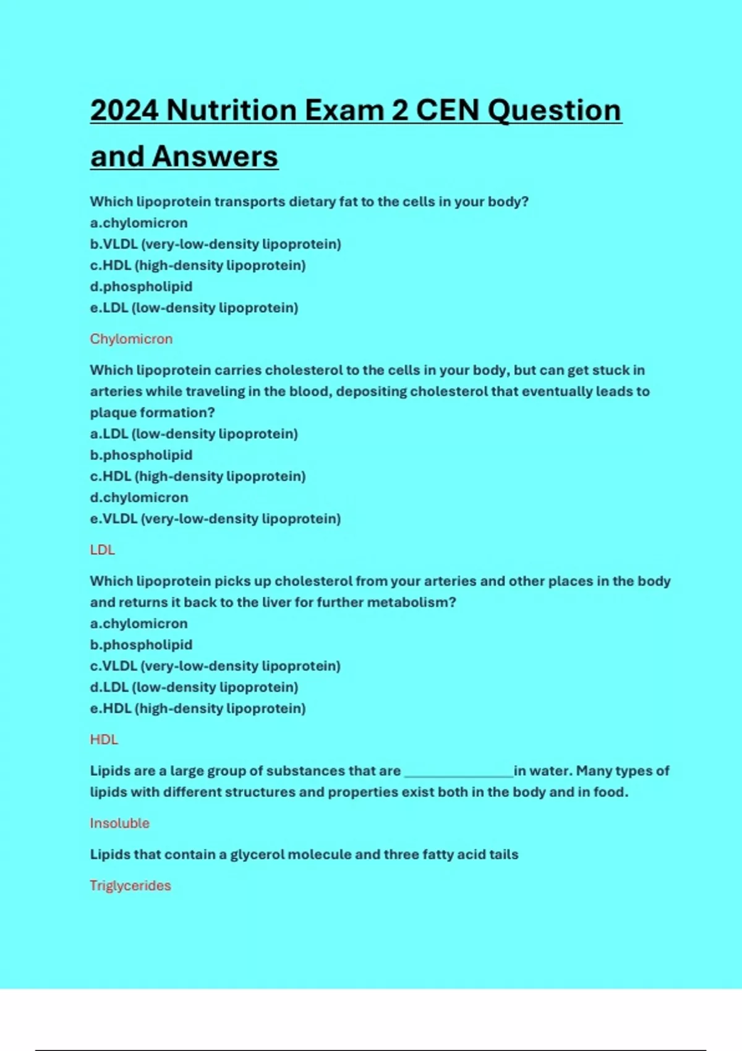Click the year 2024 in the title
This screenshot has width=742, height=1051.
[x=124, y=111]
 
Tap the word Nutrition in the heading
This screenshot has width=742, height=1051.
[x=231, y=111]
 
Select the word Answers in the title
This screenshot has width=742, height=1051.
[x=215, y=156]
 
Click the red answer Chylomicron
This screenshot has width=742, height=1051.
[x=131, y=339]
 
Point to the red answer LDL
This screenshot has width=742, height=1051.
[x=103, y=550]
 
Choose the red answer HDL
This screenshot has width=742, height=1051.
[x=104, y=739]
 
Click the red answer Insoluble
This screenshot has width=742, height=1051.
[x=120, y=823]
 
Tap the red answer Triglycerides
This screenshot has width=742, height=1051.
[x=130, y=885]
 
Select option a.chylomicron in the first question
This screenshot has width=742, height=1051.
[x=139, y=223]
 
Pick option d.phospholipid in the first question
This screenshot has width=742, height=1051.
[x=142, y=286]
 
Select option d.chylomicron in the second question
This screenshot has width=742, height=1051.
[x=139, y=497]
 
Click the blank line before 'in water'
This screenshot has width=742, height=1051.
[x=458, y=773]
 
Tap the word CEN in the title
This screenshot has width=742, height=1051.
[x=448, y=111]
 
